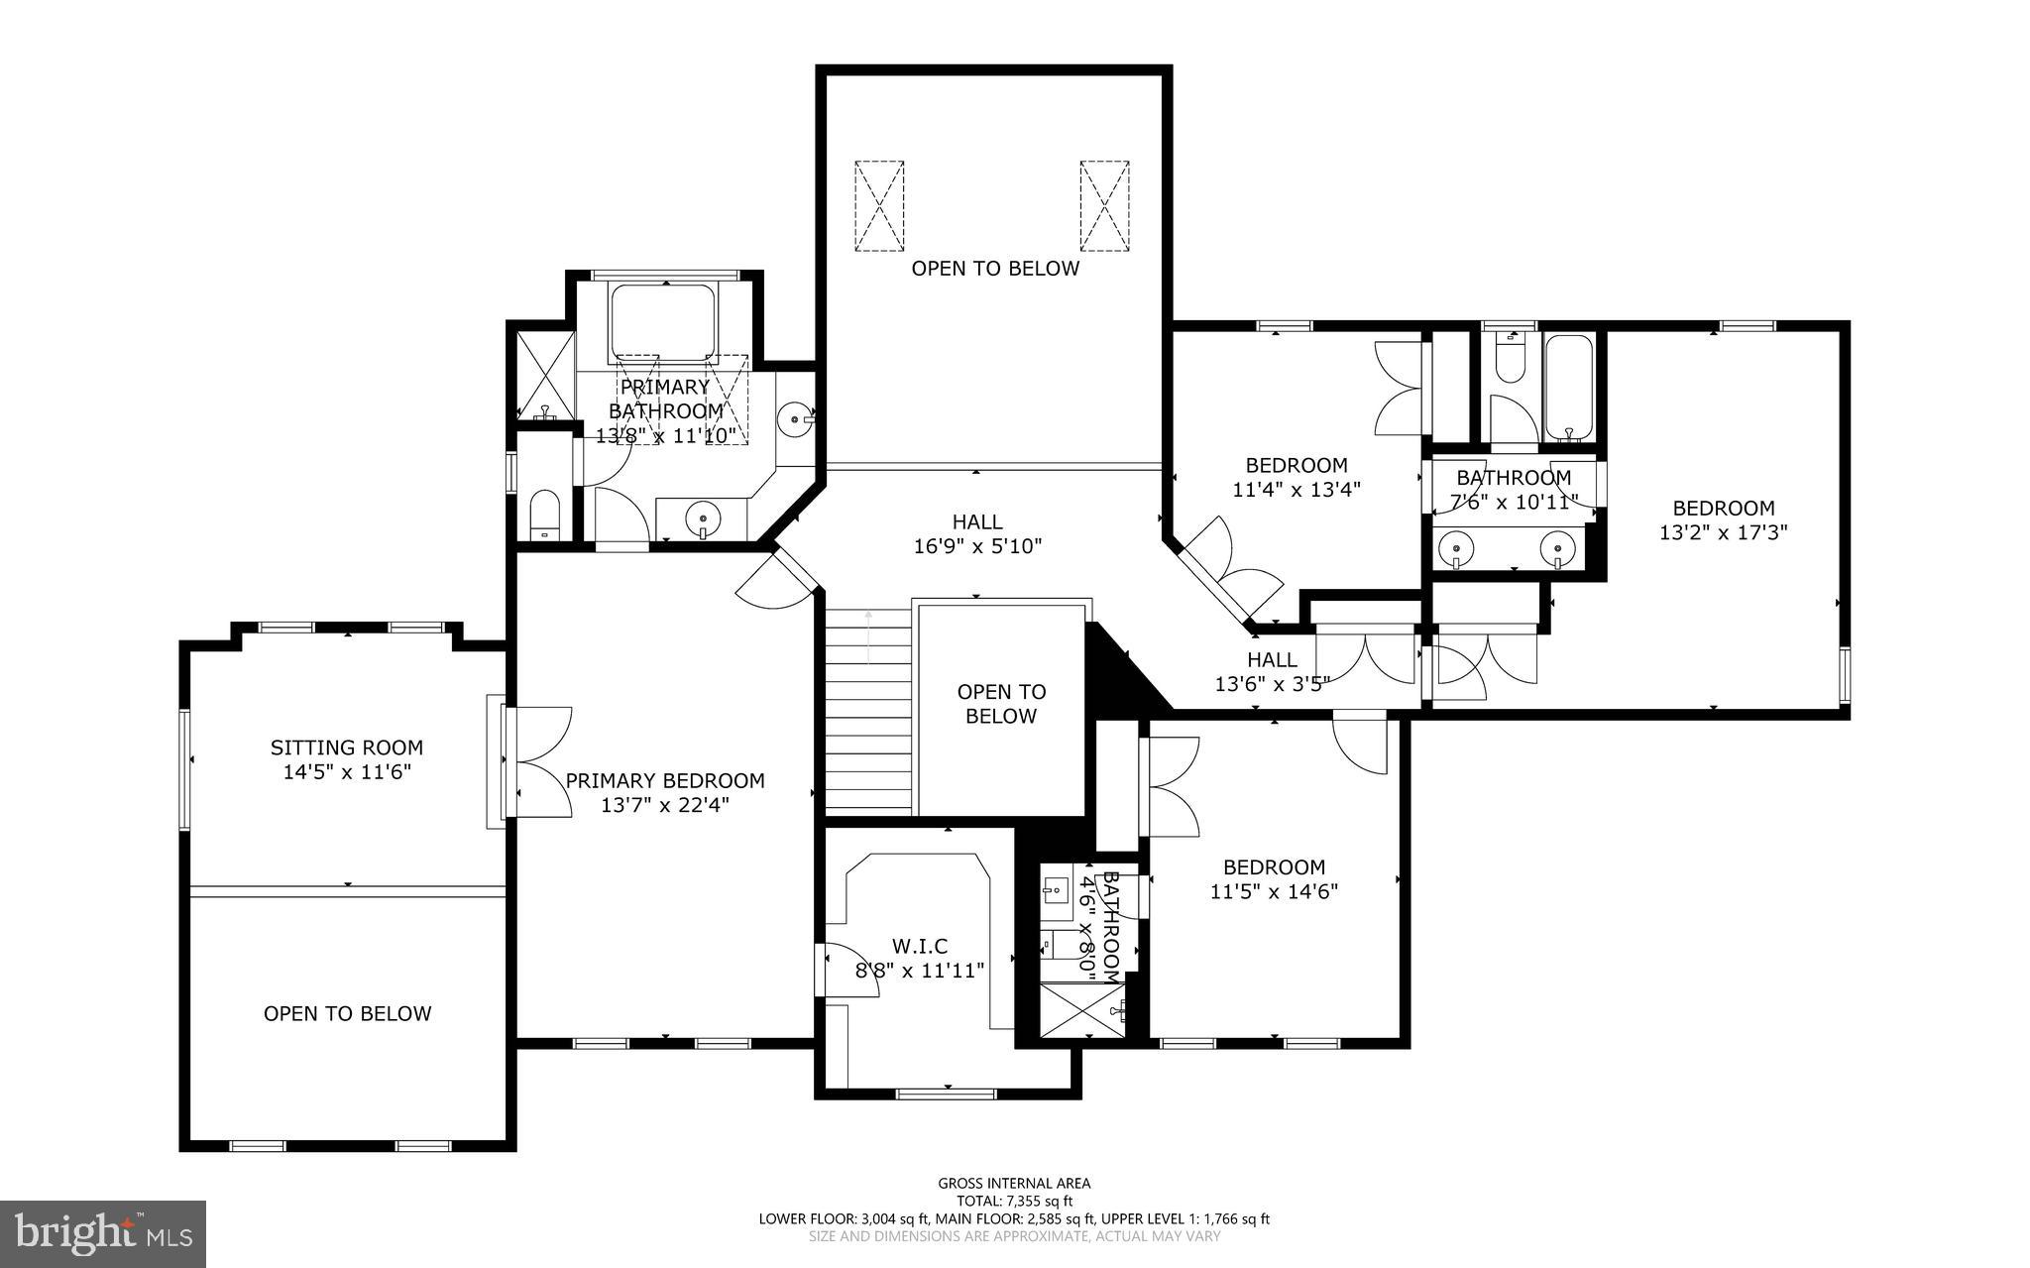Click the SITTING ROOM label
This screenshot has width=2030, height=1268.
(347, 748)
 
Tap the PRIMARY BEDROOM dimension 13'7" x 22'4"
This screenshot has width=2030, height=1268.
(665, 805)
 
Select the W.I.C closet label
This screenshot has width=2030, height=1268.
(920, 947)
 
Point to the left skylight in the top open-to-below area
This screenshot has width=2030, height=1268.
(879, 206)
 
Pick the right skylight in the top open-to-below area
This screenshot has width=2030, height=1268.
(1104, 206)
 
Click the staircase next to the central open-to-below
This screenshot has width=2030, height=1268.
(868, 712)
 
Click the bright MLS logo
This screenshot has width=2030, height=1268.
(103, 1233)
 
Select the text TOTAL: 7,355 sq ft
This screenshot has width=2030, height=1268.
(1014, 1201)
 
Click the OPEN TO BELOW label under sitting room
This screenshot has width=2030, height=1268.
(347, 1013)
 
